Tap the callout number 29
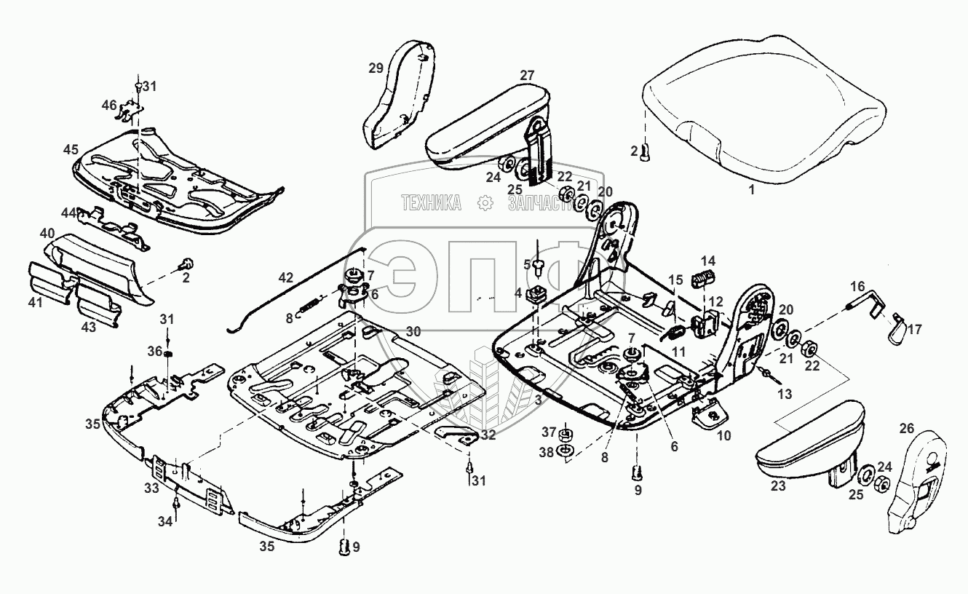pyautogui.click(x=376, y=68)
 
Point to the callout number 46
pyautogui.click(x=109, y=106)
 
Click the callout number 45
pyautogui.click(x=70, y=150)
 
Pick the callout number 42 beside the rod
pyautogui.click(x=286, y=277)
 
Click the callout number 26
pyautogui.click(x=906, y=428)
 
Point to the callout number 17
pyautogui.click(x=915, y=329)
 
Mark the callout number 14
pyautogui.click(x=708, y=261)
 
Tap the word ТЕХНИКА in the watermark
pyautogui.click(x=431, y=204)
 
